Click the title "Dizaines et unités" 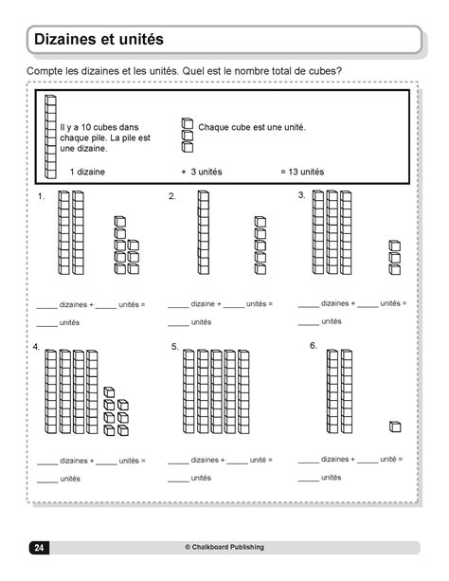(99, 40)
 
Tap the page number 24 (39, 547)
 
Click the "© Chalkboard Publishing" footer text (224, 547)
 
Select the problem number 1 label (42, 196)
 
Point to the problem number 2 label (172, 196)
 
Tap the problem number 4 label (36, 347)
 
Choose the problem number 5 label (175, 347)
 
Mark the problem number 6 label (313, 345)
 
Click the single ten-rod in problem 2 (204, 232)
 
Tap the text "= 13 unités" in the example (302, 172)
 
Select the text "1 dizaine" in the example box (87, 172)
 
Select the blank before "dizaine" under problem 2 (177, 305)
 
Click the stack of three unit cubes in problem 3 (395, 257)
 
